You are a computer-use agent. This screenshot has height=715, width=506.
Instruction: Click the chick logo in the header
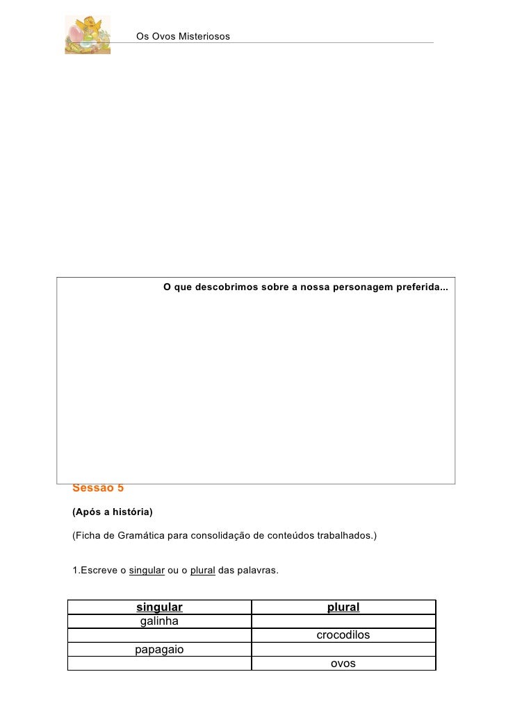(87, 35)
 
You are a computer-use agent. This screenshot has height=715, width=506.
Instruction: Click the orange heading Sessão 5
(98, 488)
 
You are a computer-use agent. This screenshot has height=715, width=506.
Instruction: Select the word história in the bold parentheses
(130, 512)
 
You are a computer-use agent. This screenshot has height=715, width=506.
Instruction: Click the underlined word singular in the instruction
(147, 571)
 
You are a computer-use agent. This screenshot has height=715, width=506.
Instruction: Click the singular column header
(159, 607)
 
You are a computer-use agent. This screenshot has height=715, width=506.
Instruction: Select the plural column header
(343, 607)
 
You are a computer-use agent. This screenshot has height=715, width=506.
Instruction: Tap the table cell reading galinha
(159, 621)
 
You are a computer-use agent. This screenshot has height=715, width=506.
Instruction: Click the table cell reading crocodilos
(343, 635)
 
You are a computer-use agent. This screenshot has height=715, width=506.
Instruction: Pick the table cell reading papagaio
(159, 650)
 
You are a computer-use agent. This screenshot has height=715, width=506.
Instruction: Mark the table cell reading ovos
(343, 664)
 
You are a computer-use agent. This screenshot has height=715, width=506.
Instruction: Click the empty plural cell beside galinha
(343, 621)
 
